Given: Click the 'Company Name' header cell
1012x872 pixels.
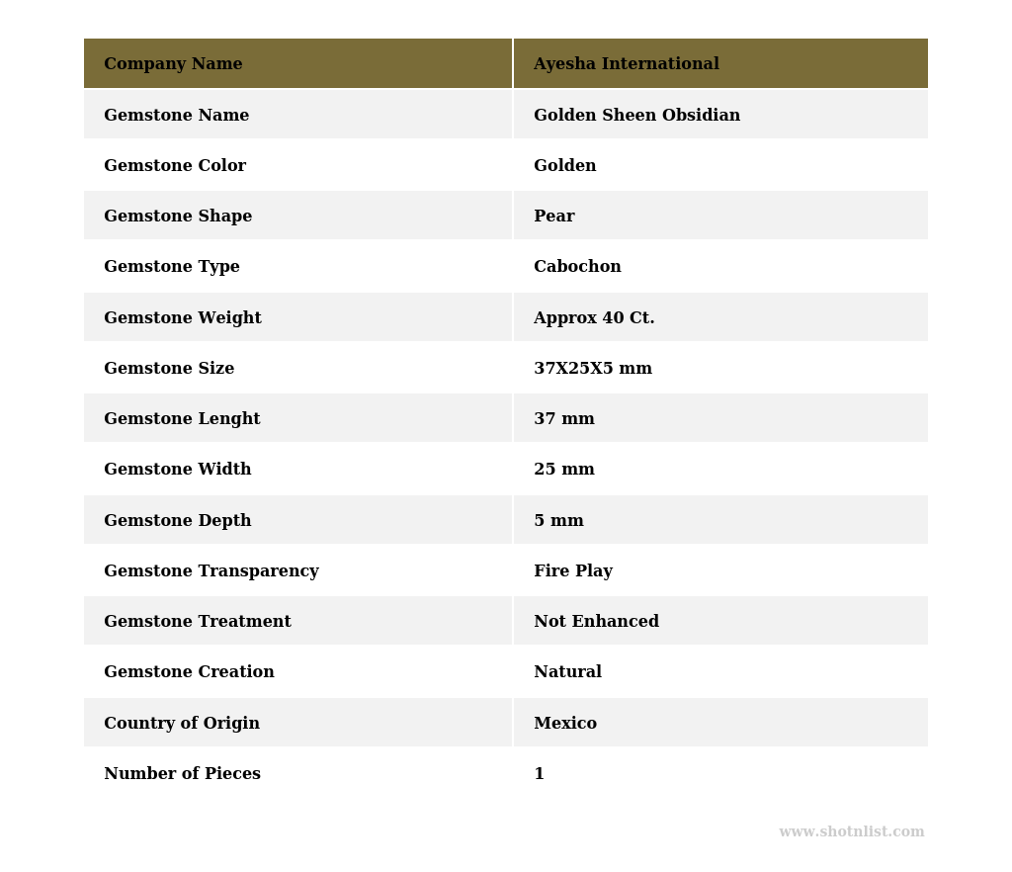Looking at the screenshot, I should [173, 64].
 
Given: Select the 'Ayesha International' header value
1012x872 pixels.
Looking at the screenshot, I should [626, 64].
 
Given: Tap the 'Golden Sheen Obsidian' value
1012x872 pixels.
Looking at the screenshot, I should [636, 116].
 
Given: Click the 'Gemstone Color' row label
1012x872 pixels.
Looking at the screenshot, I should [175, 166].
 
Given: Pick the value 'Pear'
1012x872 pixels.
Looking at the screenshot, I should [553, 217].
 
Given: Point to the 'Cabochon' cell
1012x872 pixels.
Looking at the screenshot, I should [577, 267].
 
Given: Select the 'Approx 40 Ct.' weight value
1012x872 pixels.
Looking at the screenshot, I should [594, 318].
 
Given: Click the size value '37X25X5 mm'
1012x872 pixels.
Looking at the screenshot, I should [593, 369].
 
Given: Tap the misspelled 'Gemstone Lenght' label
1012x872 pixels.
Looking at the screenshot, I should [182, 419].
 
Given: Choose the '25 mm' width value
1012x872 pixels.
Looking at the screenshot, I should [563, 470].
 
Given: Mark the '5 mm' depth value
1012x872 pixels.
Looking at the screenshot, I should [558, 521].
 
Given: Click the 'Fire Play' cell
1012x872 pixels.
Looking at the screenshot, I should [573, 571].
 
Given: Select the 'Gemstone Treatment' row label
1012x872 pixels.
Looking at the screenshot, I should [198, 622].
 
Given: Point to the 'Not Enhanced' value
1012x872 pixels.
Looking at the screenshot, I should [596, 622].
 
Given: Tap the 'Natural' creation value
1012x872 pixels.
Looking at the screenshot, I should [567, 672].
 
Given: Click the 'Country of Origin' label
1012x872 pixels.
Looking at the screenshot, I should [182, 724].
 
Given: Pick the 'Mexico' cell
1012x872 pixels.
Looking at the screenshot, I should [565, 724].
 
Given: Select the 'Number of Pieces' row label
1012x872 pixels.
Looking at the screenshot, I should [182, 774].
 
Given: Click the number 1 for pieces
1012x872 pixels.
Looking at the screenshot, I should [539, 774].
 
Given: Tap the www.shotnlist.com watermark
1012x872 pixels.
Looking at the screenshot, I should [851, 832].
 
